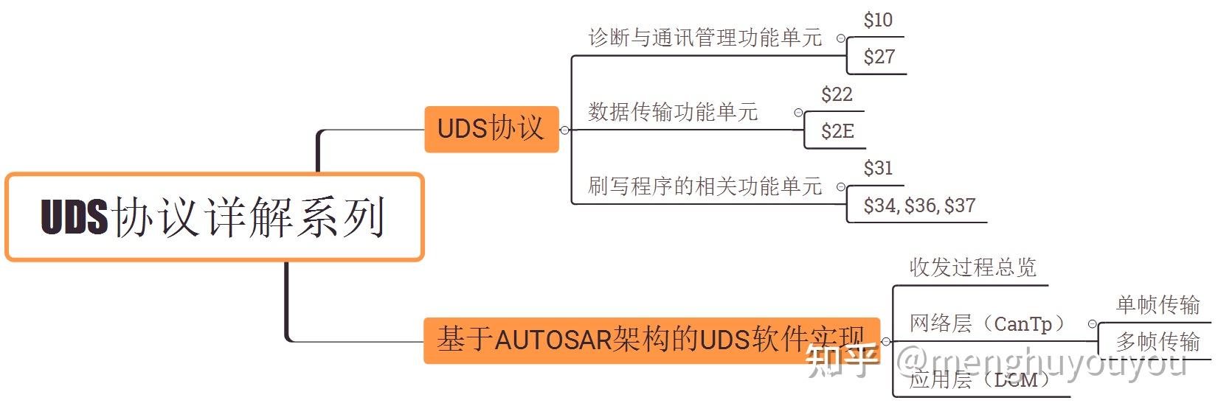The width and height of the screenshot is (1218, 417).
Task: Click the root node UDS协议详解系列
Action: click(x=214, y=217)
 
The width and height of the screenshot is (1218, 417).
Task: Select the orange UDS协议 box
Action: click(x=491, y=129)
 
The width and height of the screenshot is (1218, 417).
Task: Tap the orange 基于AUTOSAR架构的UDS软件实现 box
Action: click(x=651, y=340)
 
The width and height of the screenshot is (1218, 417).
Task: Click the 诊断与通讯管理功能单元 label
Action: click(x=705, y=38)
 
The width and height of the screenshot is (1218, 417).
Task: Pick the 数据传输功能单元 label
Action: click(x=673, y=112)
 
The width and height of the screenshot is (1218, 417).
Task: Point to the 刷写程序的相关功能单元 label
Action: click(x=705, y=186)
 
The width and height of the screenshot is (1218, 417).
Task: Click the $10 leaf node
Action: click(x=878, y=21)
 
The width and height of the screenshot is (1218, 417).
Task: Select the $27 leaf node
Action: click(x=879, y=57)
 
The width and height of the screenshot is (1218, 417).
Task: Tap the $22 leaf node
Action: click(x=837, y=94)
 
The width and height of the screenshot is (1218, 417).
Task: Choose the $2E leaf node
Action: click(x=837, y=131)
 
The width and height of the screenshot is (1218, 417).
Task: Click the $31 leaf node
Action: click(x=878, y=168)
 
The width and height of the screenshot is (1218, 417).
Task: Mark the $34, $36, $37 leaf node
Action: click(x=919, y=206)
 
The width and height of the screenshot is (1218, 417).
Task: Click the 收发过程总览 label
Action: click(x=972, y=267)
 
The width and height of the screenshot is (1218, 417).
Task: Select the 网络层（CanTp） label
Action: click(x=988, y=323)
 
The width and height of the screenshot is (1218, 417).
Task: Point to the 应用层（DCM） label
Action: click(x=979, y=379)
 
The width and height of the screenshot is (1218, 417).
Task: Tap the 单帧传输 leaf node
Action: click(x=1158, y=304)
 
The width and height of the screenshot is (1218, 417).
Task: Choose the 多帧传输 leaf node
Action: click(x=1158, y=341)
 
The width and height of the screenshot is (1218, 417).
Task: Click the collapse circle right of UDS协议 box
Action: click(x=565, y=130)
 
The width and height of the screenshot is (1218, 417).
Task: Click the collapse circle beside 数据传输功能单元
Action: click(x=798, y=113)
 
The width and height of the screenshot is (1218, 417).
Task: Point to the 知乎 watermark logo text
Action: click(x=842, y=360)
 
